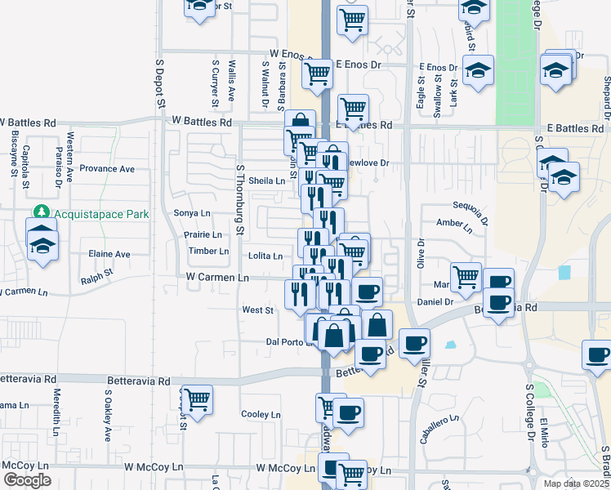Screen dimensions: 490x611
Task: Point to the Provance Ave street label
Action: click(106, 169)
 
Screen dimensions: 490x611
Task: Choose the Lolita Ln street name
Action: click(265, 256)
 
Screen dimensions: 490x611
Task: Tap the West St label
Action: click(257, 310)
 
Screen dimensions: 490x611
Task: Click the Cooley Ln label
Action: click(261, 414)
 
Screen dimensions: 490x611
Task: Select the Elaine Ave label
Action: click(109, 254)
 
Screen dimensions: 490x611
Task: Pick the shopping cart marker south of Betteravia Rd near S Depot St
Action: click(197, 399)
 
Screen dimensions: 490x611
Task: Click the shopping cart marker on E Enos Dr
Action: click(316, 73)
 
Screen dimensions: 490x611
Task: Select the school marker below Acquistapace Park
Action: click(41, 244)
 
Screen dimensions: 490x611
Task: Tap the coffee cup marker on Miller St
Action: click(414, 342)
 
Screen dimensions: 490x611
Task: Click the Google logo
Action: click(26, 481)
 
